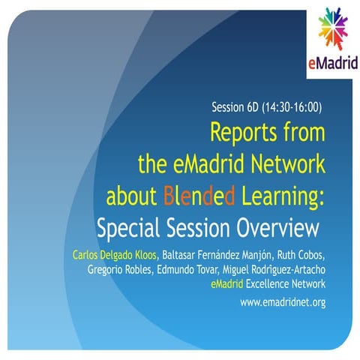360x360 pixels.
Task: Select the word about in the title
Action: [x=131, y=196]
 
